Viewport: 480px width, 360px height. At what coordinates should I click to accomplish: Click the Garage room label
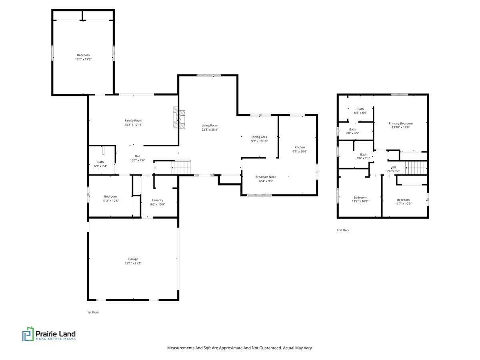click(133, 259)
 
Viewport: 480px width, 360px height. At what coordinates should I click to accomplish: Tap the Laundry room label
click(157, 200)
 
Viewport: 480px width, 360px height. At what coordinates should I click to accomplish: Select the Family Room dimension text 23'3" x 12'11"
click(133, 125)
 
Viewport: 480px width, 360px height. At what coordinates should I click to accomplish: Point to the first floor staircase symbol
click(182, 167)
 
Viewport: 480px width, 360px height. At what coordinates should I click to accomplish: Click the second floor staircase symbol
click(416, 167)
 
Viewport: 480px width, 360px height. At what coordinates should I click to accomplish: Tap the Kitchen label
click(300, 147)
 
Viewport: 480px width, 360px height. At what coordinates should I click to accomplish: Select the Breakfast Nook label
click(266, 176)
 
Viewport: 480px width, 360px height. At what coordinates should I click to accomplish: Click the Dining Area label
click(259, 137)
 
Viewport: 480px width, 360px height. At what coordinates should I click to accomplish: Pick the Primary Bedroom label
click(400, 124)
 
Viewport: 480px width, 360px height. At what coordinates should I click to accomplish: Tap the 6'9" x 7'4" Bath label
click(100, 162)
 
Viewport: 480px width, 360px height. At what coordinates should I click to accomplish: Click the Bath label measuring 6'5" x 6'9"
click(360, 109)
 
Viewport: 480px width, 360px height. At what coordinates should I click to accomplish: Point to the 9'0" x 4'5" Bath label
click(352, 129)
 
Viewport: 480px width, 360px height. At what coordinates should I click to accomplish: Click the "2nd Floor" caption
click(343, 230)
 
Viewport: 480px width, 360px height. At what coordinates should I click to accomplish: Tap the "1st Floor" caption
click(93, 312)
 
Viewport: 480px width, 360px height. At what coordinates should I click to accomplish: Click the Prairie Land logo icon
click(28, 334)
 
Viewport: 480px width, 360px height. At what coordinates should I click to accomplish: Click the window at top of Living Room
click(208, 75)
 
